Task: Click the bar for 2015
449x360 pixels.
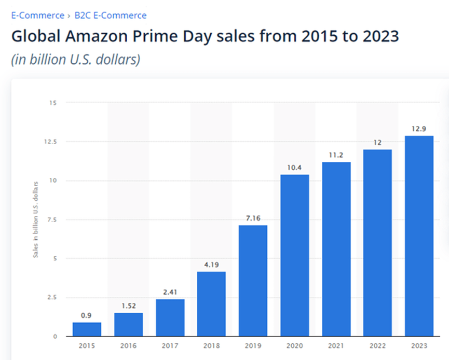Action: point(87,329)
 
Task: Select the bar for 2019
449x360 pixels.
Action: point(253,281)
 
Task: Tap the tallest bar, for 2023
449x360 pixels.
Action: point(419,236)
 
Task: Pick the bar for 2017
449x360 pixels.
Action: point(170,317)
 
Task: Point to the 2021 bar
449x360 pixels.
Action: point(336,249)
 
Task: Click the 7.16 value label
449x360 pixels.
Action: point(253,218)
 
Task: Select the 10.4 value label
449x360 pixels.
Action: point(294,167)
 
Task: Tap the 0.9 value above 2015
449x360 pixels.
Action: point(87,315)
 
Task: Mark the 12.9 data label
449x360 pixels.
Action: point(419,128)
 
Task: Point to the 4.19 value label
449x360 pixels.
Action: point(211,264)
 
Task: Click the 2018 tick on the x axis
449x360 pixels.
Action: point(211,345)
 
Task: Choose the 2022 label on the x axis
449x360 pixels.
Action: point(377,345)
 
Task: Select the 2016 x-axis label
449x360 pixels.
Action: point(128,345)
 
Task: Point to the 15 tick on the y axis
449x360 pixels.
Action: point(53,103)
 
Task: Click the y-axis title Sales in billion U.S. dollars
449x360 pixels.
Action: point(36,219)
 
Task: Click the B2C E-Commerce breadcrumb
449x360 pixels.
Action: point(110,16)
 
